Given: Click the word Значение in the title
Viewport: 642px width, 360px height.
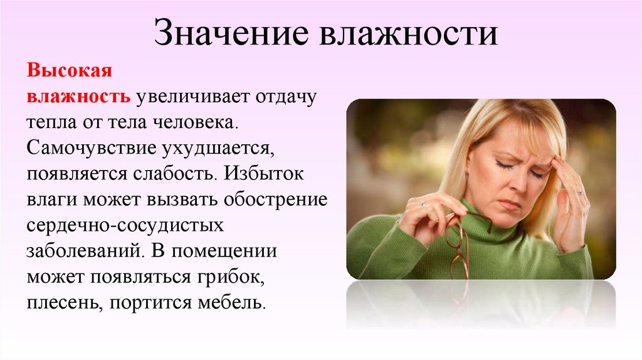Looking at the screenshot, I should pos(232,34).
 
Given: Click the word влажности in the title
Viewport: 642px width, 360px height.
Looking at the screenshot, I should pos(409,34).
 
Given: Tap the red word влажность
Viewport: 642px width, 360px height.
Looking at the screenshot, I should pos(78,97).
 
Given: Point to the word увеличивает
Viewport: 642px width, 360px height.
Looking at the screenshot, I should pos(191,97).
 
